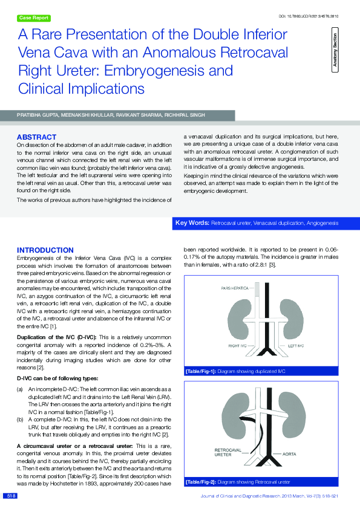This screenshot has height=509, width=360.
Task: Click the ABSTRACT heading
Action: click(x=36, y=137)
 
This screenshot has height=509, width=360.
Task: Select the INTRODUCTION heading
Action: click(x=45, y=250)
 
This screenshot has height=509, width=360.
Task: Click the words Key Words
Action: click(x=192, y=224)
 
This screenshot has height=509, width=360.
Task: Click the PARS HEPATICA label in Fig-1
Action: click(x=235, y=288)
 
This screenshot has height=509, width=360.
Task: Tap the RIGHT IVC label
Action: click(x=237, y=345)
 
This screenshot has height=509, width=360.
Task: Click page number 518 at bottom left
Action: click(x=10, y=496)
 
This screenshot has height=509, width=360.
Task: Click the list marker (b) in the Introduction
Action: click(x=20, y=417)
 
